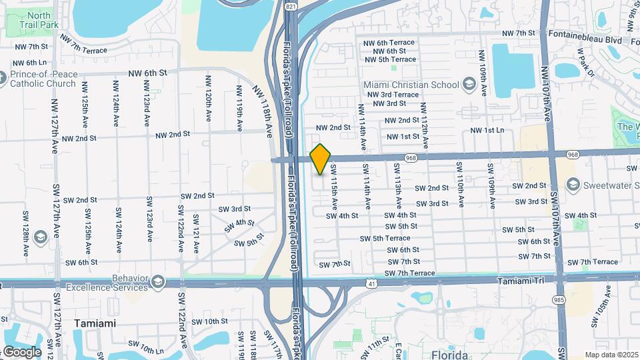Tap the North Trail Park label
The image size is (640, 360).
[x=39, y=20]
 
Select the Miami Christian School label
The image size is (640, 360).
[x=411, y=85]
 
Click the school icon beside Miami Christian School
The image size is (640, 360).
[x=469, y=84]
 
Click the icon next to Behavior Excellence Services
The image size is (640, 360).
[x=158, y=281]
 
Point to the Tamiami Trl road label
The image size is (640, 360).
[x=525, y=281]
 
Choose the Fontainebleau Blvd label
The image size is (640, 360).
[x=584, y=39]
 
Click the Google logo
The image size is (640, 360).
[x=22, y=352]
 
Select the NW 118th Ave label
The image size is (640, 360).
[x=263, y=110]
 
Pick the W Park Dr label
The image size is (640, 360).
[x=585, y=60]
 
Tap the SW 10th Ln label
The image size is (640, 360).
[x=146, y=347]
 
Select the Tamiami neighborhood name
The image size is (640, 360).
[x=95, y=323]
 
